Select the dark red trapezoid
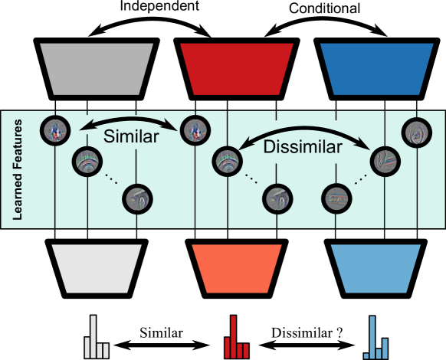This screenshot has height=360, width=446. click(x=236, y=69)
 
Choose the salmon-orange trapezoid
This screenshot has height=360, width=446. click(x=236, y=268)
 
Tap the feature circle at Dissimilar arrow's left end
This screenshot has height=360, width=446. click(x=225, y=160)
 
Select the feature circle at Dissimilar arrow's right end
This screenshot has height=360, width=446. click(x=383, y=160)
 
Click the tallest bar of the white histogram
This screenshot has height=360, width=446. click(x=93, y=337)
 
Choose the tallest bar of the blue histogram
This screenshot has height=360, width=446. click(x=372, y=338)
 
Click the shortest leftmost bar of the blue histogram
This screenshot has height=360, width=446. click(x=366, y=355)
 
